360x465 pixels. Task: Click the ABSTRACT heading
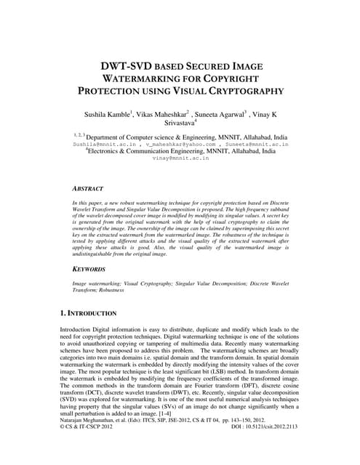[89, 186]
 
